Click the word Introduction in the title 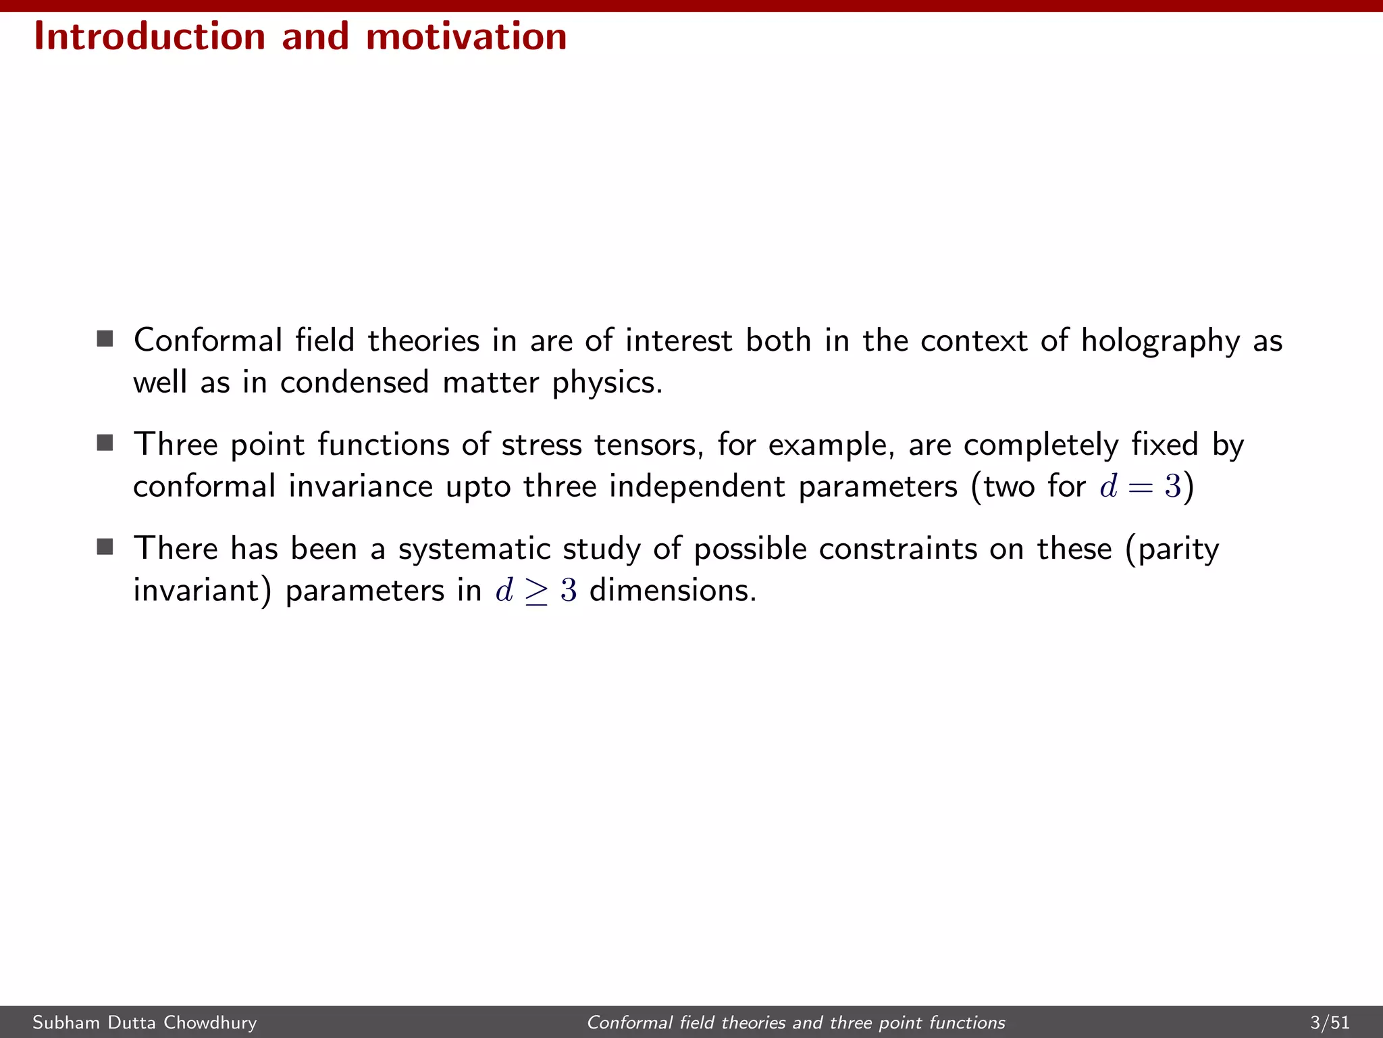coord(149,36)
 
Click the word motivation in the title coord(466,36)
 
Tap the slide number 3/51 coord(1329,1022)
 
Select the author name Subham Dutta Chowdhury coord(145,1022)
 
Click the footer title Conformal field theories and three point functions coord(795,1022)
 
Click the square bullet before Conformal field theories coord(105,339)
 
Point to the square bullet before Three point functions coord(105,443)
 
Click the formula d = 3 coord(1140,487)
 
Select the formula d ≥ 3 coord(536,591)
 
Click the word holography coord(1160,341)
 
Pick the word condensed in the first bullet coord(354,382)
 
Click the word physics coord(607,383)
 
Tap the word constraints coord(897,549)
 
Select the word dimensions coord(673,591)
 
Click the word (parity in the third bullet coord(1172,549)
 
